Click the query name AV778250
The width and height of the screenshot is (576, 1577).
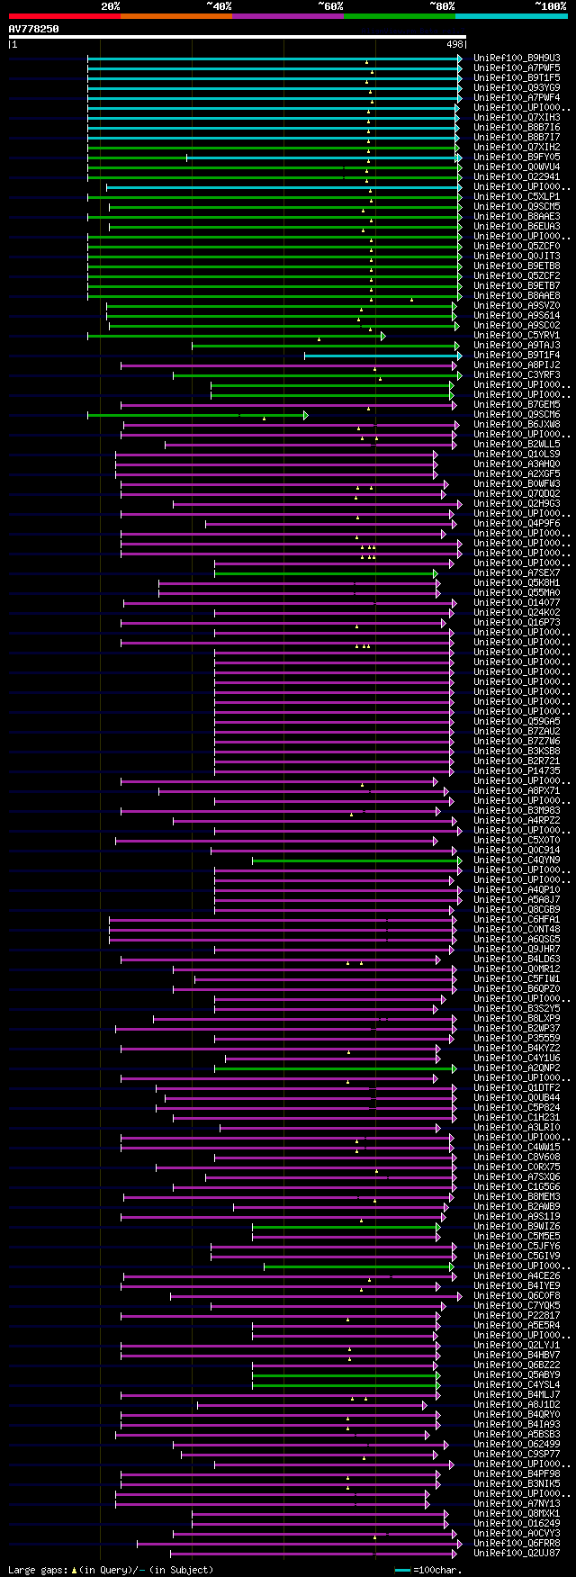pos(34,29)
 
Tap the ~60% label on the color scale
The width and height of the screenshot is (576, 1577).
pos(330,6)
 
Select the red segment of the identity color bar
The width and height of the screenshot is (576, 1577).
pos(64,16)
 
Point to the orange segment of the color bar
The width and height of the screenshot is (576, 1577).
pos(175,16)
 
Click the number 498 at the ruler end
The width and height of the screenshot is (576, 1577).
pos(454,44)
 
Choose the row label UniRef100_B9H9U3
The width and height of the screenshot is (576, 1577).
pos(517,58)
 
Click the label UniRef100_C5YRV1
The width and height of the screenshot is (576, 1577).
pos(517,336)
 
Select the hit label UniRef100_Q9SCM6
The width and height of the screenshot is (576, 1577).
pos(517,415)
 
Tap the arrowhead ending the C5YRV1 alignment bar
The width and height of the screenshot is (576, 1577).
pos(382,336)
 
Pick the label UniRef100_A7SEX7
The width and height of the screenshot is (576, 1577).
pos(517,573)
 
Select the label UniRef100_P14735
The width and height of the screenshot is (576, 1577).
pos(517,771)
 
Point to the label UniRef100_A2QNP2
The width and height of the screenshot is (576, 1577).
pos(517,1068)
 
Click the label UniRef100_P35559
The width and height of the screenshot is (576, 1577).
pos(517,1039)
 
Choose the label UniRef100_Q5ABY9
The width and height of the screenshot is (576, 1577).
pos(517,1375)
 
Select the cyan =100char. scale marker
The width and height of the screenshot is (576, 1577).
pos(403,1570)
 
